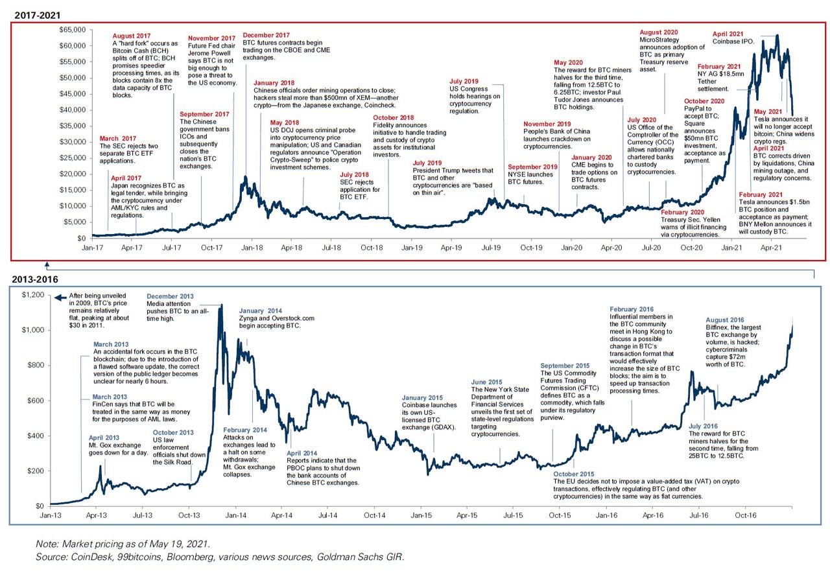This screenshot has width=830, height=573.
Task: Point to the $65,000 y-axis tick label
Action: click(x=73, y=30)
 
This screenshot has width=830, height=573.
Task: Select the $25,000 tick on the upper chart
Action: click(x=73, y=158)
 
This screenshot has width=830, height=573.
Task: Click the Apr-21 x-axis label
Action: click(x=770, y=248)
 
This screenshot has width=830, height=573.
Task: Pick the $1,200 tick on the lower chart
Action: click(x=32, y=295)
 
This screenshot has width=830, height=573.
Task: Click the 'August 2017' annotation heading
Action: click(x=132, y=37)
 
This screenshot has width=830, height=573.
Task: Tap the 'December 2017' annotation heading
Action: click(x=266, y=35)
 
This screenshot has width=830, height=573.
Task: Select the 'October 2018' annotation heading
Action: click(x=393, y=117)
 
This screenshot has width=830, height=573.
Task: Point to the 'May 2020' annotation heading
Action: click(x=569, y=63)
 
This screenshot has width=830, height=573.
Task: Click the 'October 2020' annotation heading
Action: click(x=704, y=102)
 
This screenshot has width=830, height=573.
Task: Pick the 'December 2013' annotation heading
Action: click(x=170, y=296)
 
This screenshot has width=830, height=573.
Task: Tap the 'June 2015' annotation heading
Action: click(x=487, y=382)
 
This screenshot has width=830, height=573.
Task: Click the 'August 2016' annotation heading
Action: click(x=726, y=320)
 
